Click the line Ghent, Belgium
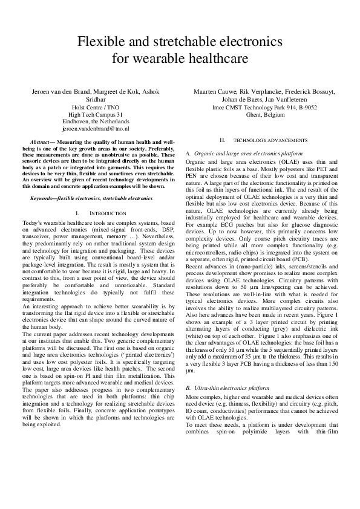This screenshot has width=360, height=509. (x=270, y=114)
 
